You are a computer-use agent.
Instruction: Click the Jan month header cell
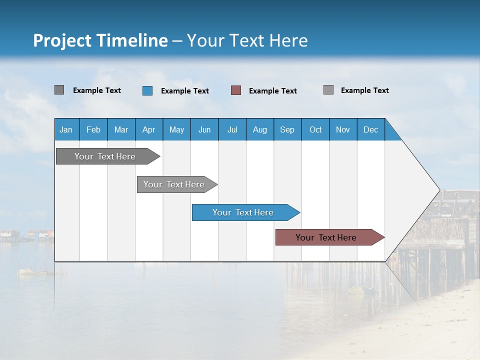coord(66,129)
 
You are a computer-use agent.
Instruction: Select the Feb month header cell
coord(93,129)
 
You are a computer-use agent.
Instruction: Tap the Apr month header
coord(149,129)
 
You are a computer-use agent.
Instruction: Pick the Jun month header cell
coord(204,129)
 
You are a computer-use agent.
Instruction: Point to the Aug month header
coord(260,129)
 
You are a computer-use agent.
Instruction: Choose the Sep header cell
coord(287,129)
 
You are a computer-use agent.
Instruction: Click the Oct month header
coord(315,129)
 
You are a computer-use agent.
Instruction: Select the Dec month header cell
coord(371,129)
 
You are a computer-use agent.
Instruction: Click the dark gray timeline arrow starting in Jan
coord(105,156)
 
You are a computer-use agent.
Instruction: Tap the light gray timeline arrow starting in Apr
coord(174,184)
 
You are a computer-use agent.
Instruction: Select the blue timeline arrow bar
coord(243,212)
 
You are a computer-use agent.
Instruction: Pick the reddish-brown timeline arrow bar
coord(326,237)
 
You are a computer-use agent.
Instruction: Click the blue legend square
coord(147,90)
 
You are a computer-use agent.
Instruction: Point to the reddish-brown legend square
coord(236,90)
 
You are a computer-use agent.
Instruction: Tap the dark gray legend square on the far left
coord(59,90)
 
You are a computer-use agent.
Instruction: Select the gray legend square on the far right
coord(328,90)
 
